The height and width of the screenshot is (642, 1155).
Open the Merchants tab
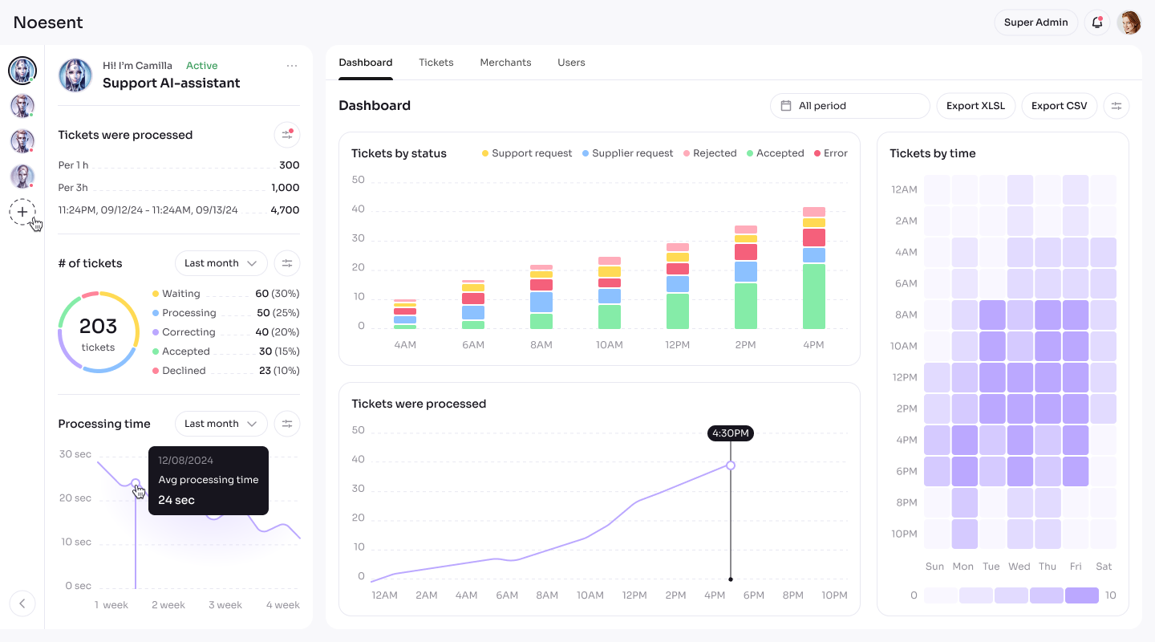click(x=505, y=63)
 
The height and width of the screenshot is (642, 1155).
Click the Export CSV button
click(x=1059, y=106)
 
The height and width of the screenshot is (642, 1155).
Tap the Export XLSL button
click(x=975, y=106)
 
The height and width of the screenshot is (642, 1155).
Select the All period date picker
click(x=849, y=106)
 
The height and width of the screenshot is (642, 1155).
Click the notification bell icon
click(x=1096, y=22)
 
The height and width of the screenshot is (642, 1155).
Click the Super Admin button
click(x=1036, y=22)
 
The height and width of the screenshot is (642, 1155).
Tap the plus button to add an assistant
click(x=22, y=212)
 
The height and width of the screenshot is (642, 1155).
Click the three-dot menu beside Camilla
click(x=292, y=66)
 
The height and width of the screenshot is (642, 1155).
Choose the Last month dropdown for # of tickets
click(x=221, y=263)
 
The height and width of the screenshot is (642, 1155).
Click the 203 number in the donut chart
click(x=98, y=326)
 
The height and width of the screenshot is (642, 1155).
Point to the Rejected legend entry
click(x=710, y=153)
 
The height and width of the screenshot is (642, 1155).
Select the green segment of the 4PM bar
click(x=813, y=296)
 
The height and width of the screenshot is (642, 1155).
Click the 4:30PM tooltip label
click(x=730, y=433)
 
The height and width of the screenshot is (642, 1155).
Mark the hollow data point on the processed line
click(x=731, y=465)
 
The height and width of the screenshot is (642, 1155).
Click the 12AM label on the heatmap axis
click(x=905, y=189)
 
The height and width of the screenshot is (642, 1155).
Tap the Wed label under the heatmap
click(x=1019, y=566)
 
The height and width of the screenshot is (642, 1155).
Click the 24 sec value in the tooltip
click(x=176, y=500)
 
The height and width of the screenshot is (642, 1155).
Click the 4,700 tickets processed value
click(x=285, y=210)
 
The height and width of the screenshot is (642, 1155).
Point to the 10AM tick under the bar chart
click(x=609, y=345)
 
